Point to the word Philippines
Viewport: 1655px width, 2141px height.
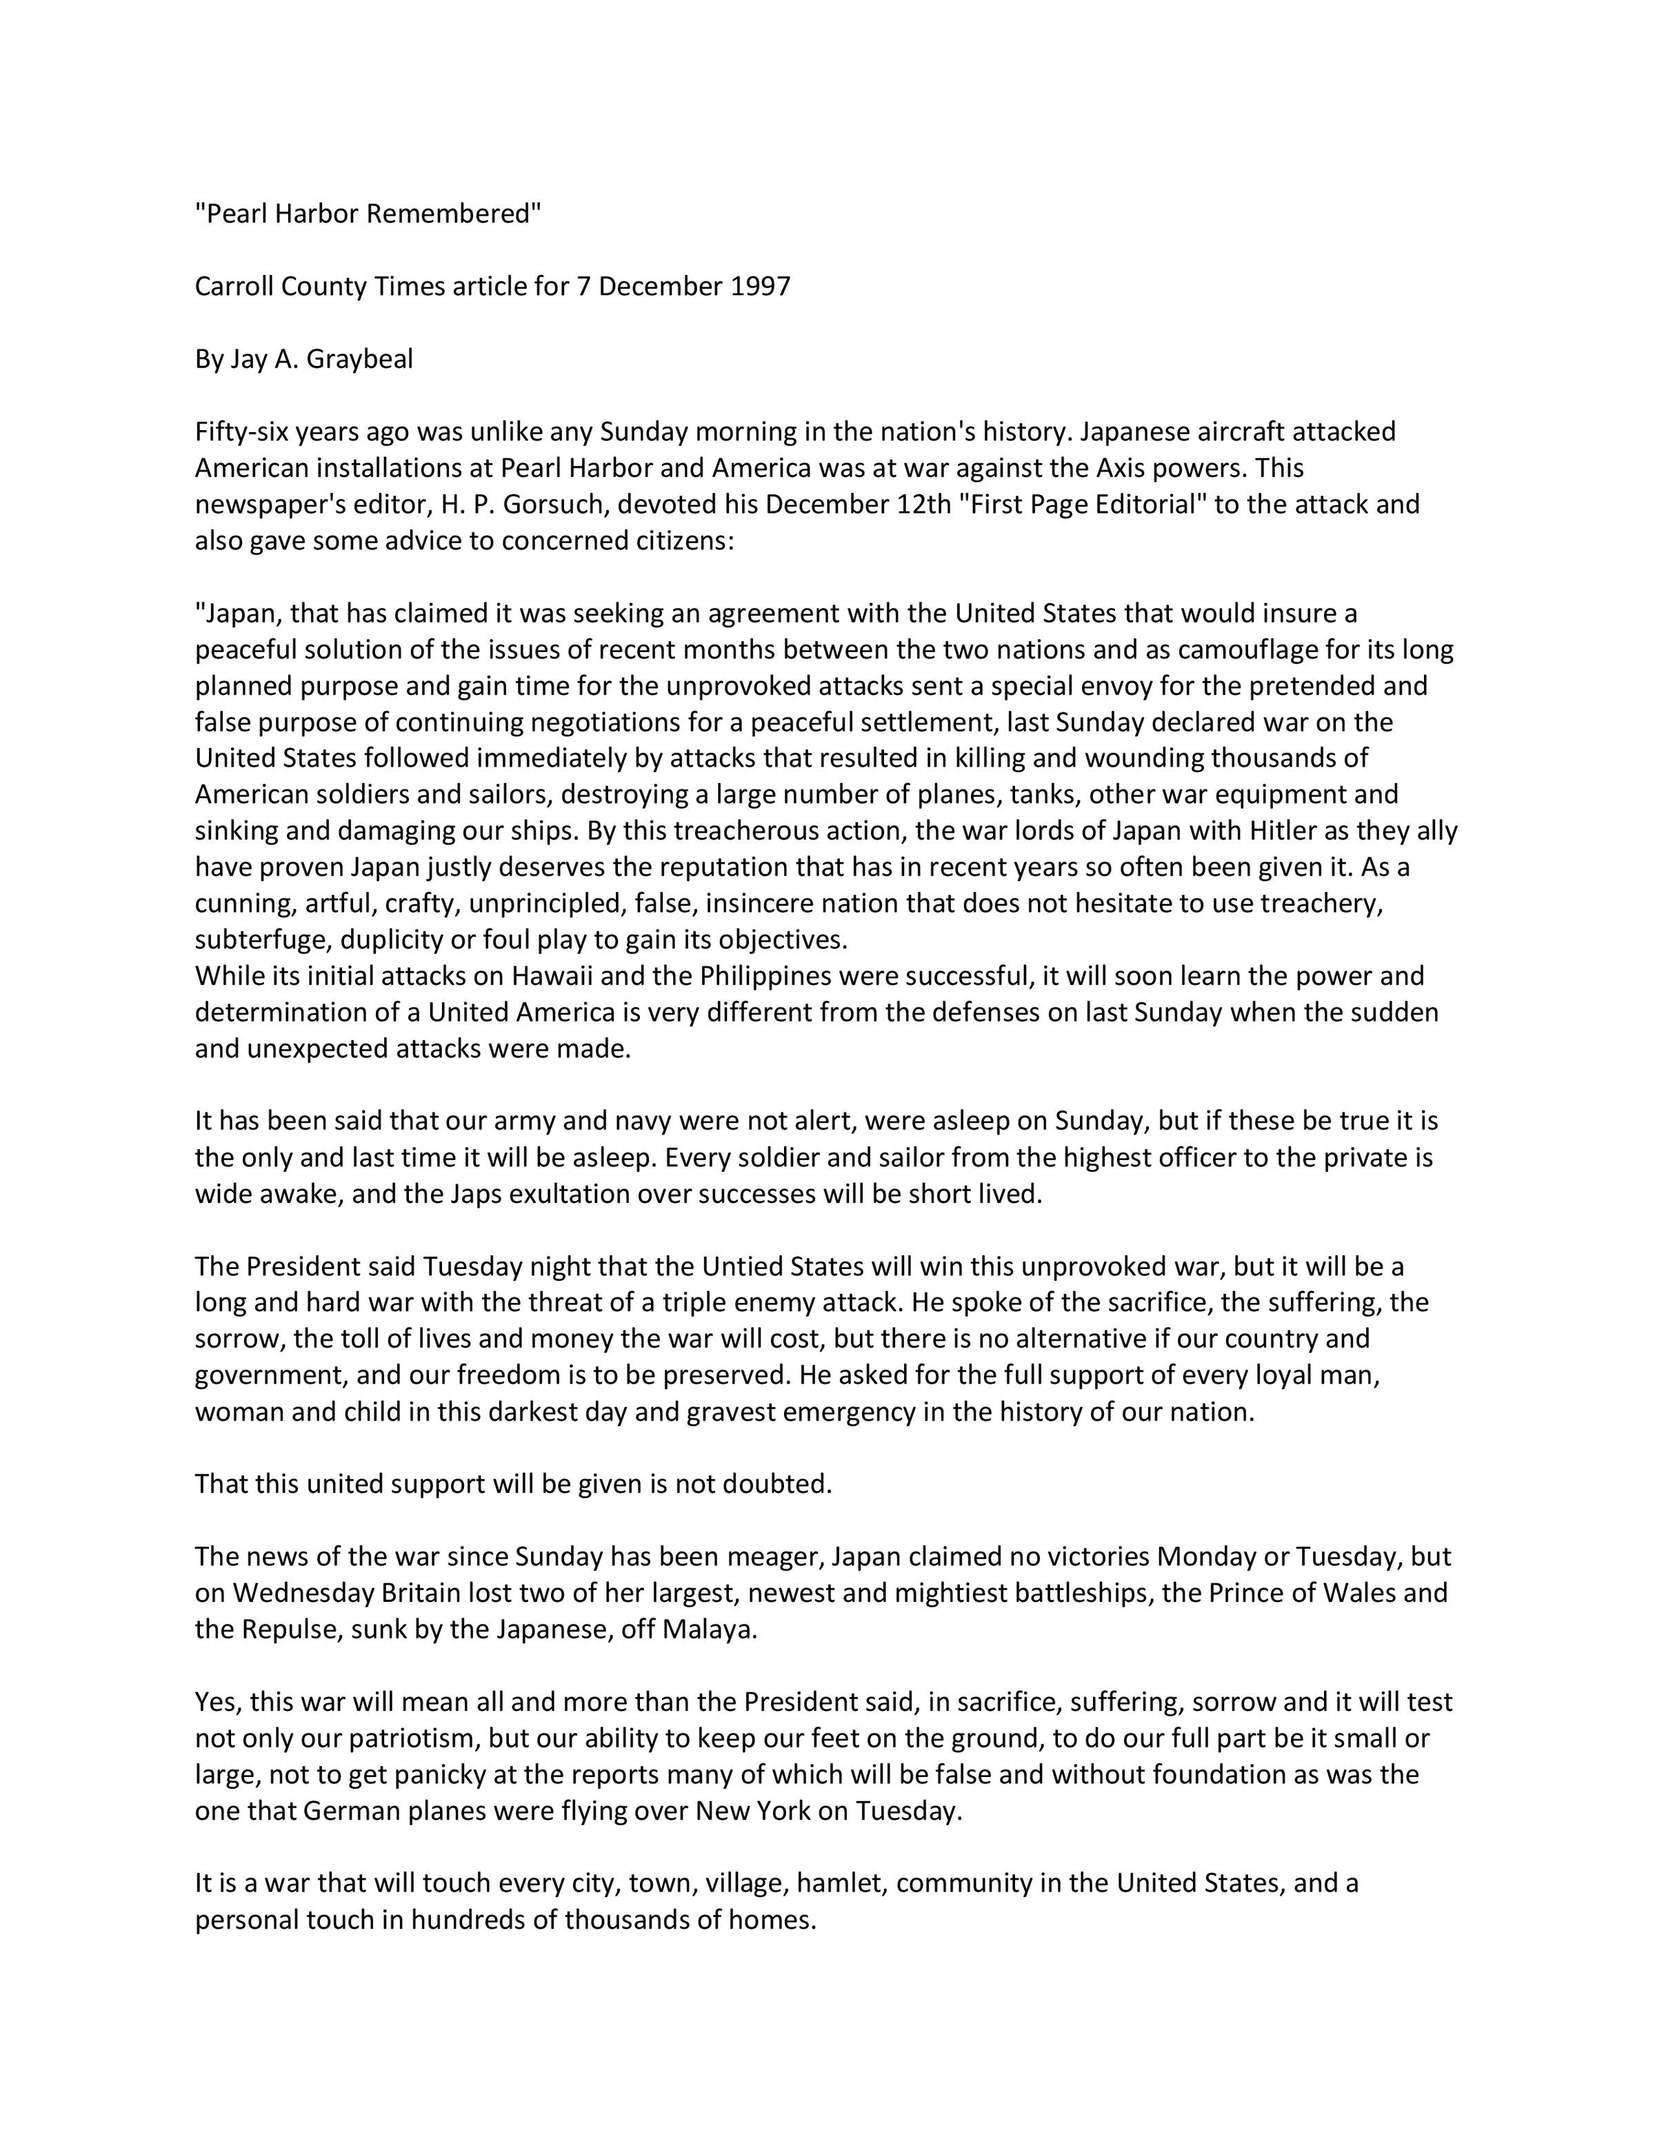[762, 975]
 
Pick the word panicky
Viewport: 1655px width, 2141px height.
[474, 1774]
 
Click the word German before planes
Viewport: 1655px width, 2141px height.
[354, 1811]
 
